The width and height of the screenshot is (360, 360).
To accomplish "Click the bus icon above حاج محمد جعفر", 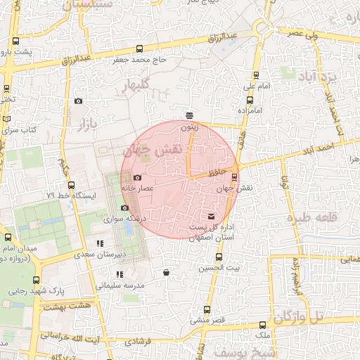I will coord(139,49).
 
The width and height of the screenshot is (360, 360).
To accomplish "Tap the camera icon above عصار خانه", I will coord(137,177).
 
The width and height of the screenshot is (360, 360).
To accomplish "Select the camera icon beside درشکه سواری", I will coord(124,207).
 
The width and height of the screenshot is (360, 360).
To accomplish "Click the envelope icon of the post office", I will coord(212,216).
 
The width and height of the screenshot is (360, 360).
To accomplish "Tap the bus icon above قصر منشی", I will coord(206,309).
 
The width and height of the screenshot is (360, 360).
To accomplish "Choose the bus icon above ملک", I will coord(263,325).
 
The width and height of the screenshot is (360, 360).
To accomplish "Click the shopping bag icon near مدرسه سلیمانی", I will coord(166,273).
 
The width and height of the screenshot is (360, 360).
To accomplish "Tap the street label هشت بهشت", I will coord(67,306).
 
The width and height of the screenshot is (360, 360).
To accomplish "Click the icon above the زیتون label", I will coord(189,115).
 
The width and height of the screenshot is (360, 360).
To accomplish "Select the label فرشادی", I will coord(138,340).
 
